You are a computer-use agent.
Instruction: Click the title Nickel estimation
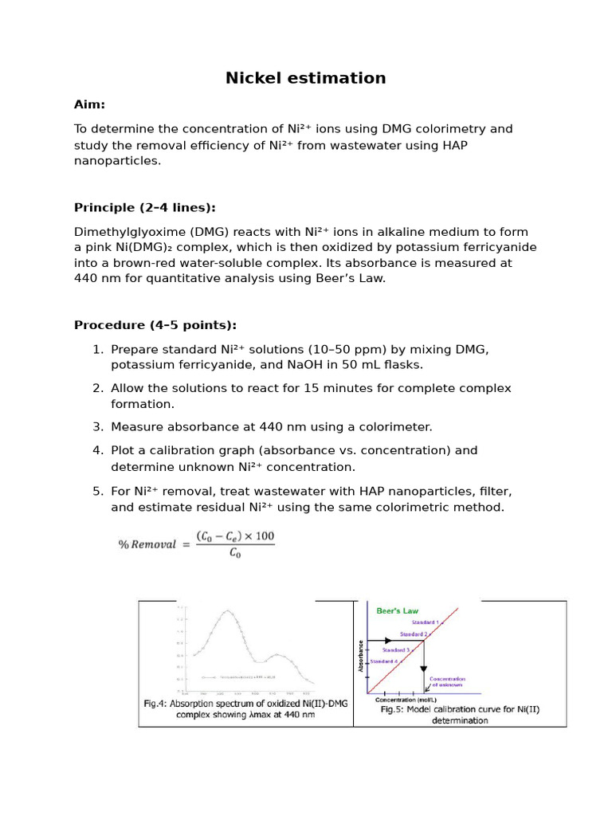[x=305, y=78]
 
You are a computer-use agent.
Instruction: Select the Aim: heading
[x=89, y=104]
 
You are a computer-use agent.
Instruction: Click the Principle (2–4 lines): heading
[x=144, y=208]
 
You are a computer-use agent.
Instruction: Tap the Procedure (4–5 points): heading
[x=155, y=325]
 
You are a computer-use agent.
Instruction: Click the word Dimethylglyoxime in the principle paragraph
[x=123, y=232]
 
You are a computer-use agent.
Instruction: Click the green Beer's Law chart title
[x=397, y=611]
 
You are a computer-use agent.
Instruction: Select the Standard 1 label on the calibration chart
[x=426, y=622]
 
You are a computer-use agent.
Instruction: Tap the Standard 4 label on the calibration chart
[x=383, y=661]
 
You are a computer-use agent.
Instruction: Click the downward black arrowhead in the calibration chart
[x=423, y=669]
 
